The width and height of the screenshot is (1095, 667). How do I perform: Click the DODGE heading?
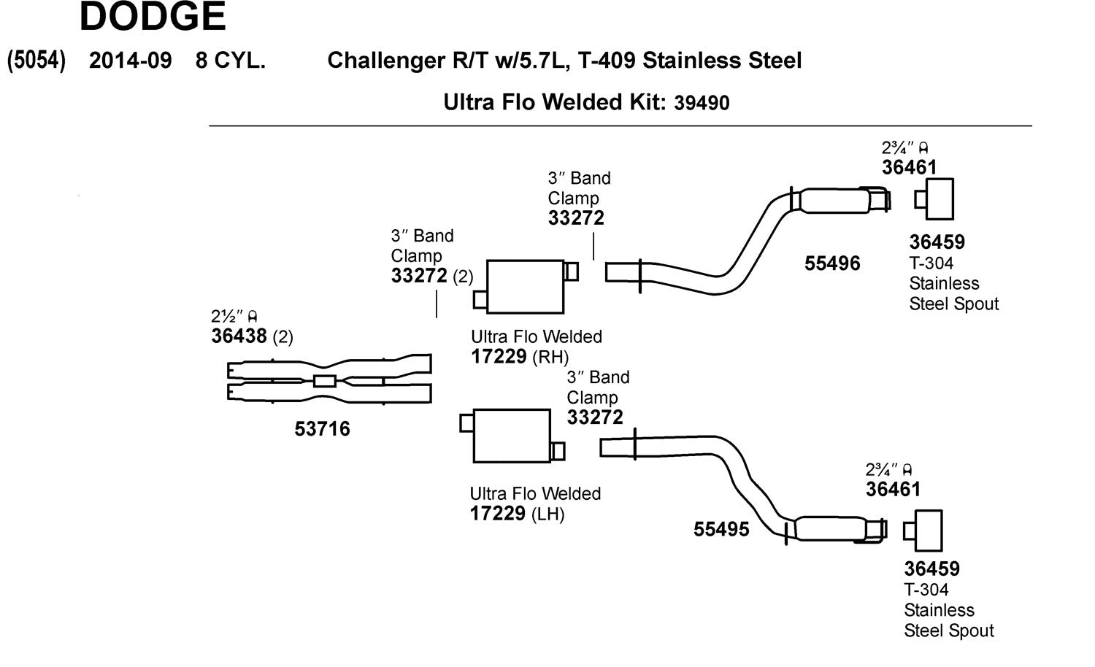tap(153, 17)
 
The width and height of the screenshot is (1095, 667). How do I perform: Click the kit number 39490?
tap(701, 103)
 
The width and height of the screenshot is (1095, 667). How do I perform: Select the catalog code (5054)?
tap(36, 61)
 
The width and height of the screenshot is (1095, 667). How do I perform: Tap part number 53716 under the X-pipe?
tap(322, 429)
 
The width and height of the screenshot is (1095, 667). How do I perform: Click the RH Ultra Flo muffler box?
tap(525, 286)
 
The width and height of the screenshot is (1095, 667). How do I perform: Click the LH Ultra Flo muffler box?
tap(511, 436)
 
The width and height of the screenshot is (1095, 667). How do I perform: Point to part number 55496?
tap(832, 263)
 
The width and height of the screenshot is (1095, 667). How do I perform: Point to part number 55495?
tap(721, 530)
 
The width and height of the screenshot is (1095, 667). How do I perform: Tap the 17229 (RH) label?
tap(519, 357)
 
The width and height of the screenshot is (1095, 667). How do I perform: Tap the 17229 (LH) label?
tap(517, 514)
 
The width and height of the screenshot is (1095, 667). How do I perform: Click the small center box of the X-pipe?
tap(324, 381)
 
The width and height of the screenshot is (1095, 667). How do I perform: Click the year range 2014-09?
tap(130, 61)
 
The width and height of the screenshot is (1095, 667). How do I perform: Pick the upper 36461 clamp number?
tap(909, 168)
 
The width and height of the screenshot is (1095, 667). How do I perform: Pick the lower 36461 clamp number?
tap(893, 490)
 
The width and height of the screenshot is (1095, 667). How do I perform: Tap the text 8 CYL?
tap(230, 61)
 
